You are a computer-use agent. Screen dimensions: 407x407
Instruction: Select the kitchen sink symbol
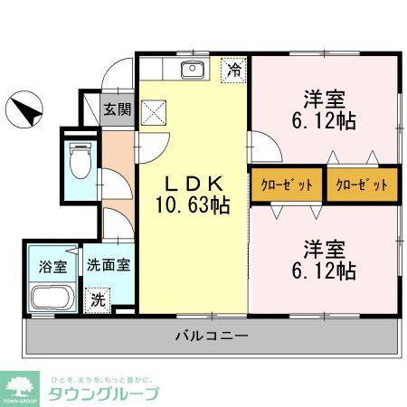193,71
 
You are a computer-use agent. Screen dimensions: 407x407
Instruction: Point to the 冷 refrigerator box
234,70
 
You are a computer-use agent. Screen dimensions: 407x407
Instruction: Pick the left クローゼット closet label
288,185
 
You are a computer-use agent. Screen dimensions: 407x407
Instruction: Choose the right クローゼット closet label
362,185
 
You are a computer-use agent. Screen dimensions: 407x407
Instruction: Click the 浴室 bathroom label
52,267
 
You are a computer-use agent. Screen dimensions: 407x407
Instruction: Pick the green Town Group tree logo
20,387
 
